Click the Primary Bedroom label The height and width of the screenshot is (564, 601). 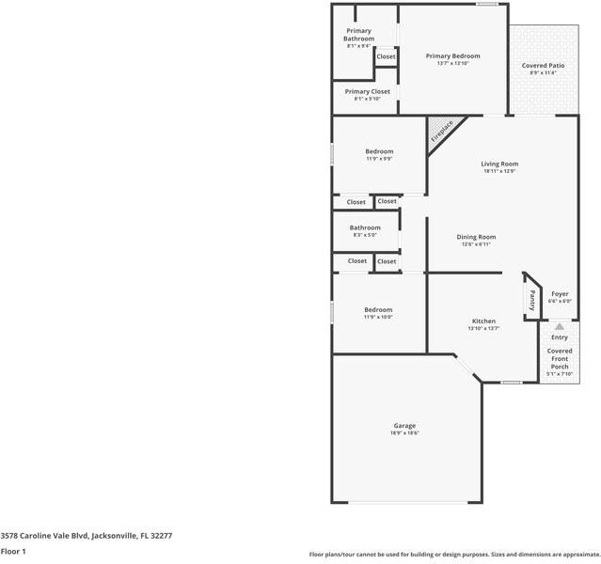point(452,56)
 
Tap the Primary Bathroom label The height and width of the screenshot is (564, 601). point(358,35)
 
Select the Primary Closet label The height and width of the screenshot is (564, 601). point(366,91)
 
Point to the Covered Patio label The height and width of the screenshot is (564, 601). point(543,66)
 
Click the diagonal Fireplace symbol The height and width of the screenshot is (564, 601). point(441,131)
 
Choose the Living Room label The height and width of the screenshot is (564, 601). point(499,164)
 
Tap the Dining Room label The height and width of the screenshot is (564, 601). point(476,237)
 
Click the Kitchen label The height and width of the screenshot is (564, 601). point(483,321)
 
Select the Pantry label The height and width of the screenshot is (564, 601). point(531,300)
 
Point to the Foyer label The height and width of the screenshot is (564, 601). point(560,294)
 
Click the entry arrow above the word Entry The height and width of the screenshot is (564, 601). point(559,326)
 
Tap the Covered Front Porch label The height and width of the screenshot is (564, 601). point(560,358)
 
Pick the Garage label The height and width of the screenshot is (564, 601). point(404,426)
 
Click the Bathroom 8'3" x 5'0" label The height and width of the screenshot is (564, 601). point(365,227)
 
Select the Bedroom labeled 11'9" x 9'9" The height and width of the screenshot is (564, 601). point(379,151)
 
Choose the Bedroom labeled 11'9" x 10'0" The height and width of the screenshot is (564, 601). point(378,310)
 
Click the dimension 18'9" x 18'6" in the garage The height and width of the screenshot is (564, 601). point(404,433)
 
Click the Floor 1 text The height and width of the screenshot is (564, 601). point(12,551)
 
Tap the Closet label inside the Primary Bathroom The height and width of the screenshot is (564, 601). point(386,56)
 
